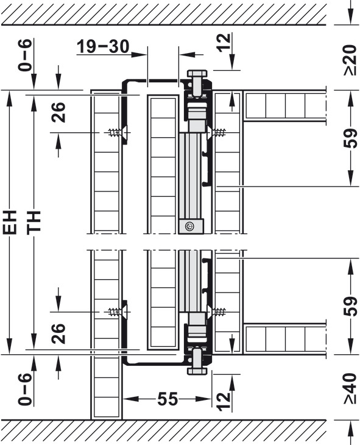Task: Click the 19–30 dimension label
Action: coord(103,46)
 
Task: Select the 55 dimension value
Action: coord(168,399)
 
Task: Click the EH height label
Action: coord(10,222)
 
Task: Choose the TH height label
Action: coord(34,222)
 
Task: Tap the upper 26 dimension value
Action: coord(58,112)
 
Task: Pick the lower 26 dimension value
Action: coord(58,333)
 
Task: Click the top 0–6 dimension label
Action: coord(25,55)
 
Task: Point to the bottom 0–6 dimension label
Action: coord(25,390)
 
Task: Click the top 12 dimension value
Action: coord(224,43)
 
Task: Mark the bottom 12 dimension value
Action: coord(224,401)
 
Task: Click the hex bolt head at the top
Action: coord(197,74)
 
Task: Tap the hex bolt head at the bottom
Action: coord(197,371)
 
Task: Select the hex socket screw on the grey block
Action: coord(189,227)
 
